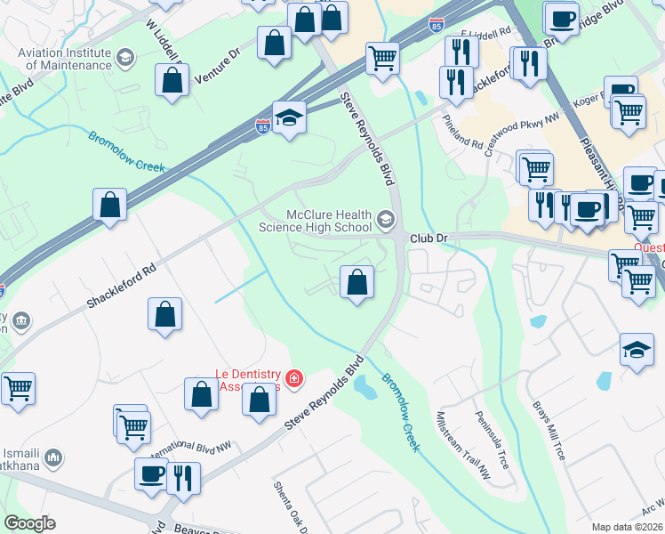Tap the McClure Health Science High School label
point(315,221)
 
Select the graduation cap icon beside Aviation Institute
point(125,59)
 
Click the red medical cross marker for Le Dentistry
point(294,380)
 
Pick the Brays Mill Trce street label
point(549,430)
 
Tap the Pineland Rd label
point(463,131)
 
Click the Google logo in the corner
point(29,523)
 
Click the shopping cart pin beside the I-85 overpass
point(382,59)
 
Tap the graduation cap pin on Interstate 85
point(289,117)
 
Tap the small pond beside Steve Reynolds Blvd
point(365,386)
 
